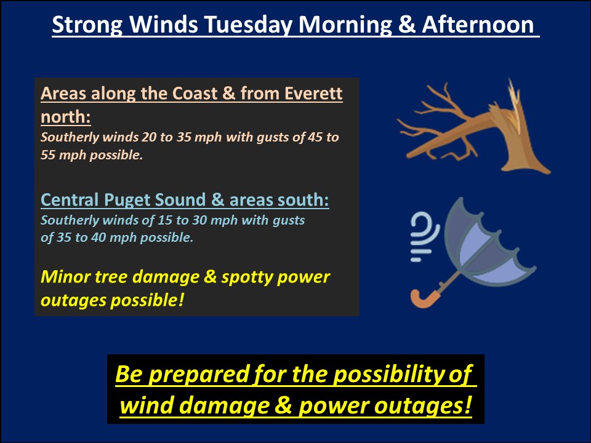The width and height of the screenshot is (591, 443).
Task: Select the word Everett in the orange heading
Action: coord(314,94)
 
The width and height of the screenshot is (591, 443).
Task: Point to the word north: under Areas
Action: coord(65,116)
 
